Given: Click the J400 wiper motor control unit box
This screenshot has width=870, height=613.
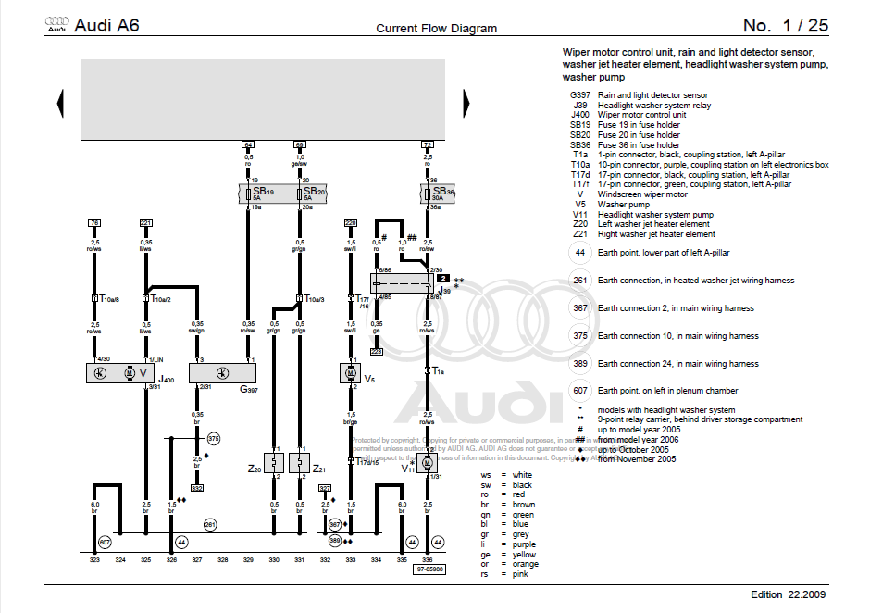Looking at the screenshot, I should (x=130, y=372).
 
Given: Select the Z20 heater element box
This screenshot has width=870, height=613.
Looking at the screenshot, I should (x=274, y=461).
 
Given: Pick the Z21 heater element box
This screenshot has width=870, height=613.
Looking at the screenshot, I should (x=299, y=461).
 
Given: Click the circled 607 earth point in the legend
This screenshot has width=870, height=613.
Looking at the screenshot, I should (x=579, y=391).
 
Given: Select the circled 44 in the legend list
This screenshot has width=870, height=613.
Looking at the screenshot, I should (x=579, y=252).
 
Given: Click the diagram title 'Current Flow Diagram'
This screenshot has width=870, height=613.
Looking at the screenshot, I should (x=436, y=29).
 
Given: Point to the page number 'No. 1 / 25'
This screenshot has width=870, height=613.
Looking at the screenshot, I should (x=786, y=26).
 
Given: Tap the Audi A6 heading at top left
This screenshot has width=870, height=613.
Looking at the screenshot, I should (x=106, y=26).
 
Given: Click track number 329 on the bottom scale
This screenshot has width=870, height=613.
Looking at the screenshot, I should (x=248, y=560).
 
